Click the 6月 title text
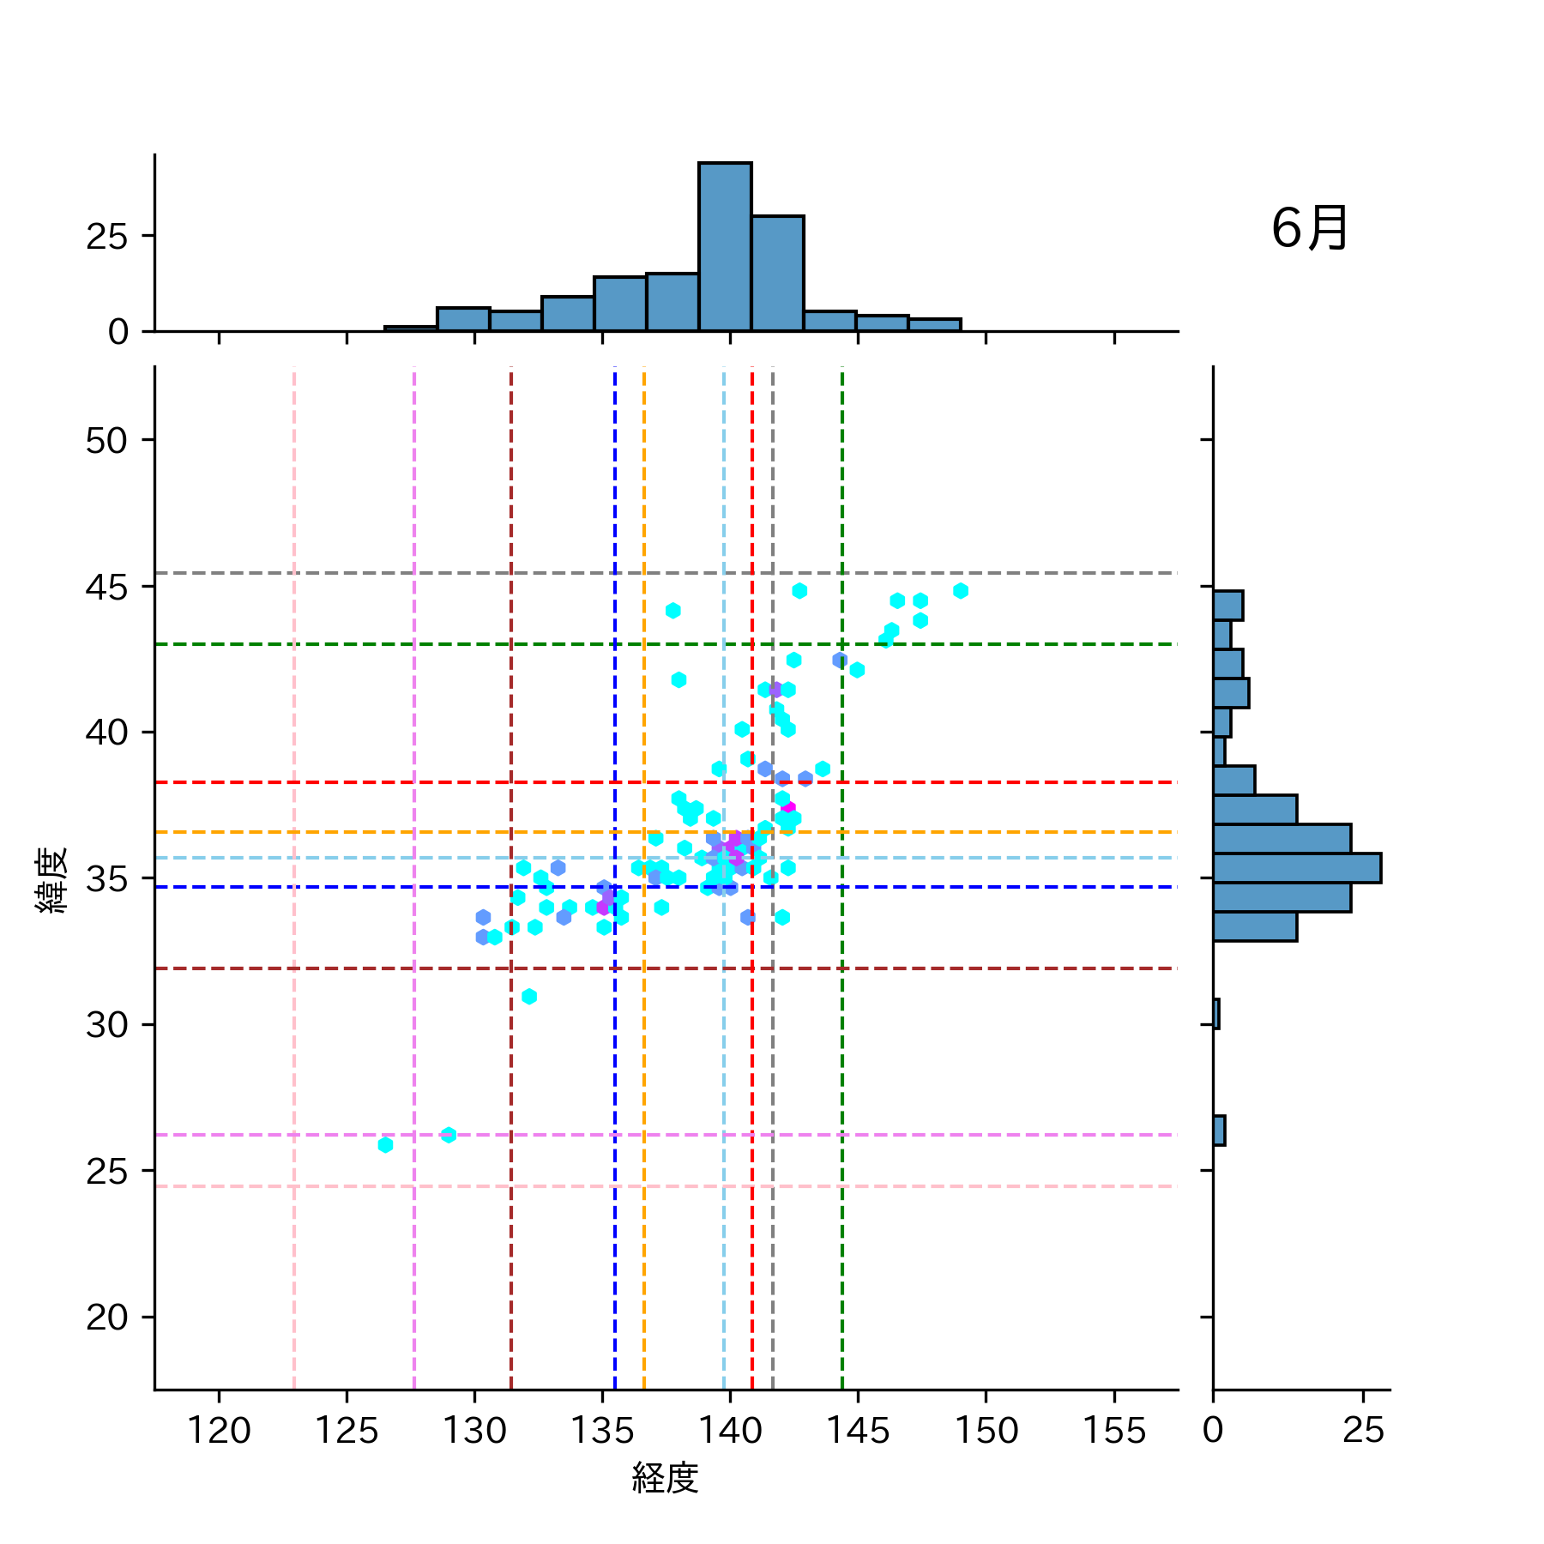pyautogui.click(x=1309, y=229)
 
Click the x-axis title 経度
pyautogui.click(x=665, y=1477)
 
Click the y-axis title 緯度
pyautogui.click(x=51, y=880)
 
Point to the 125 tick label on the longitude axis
pyautogui.click(x=347, y=1431)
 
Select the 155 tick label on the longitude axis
pyautogui.click(x=1113, y=1431)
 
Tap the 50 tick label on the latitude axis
pyautogui.click(x=106, y=441)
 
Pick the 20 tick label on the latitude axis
pyautogui.click(x=106, y=1318)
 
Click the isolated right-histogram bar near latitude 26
pyautogui.click(x=1219, y=1131)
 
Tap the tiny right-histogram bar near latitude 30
pyautogui.click(x=1216, y=1014)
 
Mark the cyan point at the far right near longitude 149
pyautogui.click(x=961, y=591)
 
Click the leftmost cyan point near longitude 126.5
pyautogui.click(x=385, y=1145)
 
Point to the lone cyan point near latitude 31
pyautogui.click(x=529, y=997)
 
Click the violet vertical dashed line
pyautogui.click(x=414, y=772)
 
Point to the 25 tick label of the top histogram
pyautogui.click(x=106, y=237)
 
